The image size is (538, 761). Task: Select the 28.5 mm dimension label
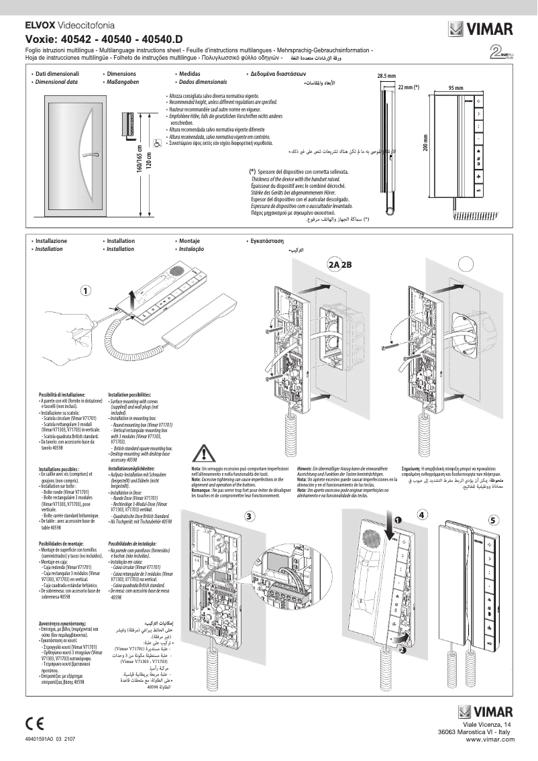pyautogui.click(x=386, y=76)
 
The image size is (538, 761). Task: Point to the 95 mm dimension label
pyautogui.click(x=456, y=88)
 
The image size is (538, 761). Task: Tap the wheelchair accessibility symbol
pyautogui.click(x=156, y=143)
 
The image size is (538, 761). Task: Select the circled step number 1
pyautogui.click(x=86, y=291)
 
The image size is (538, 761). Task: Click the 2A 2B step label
pyautogui.click(x=340, y=264)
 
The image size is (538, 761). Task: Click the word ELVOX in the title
pyautogui.click(x=40, y=24)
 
